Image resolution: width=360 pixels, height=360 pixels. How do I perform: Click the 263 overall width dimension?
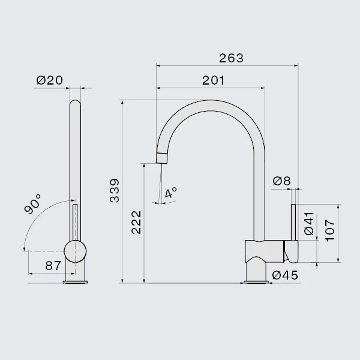point(231,58)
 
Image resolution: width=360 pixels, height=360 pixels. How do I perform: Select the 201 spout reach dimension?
point(213,80)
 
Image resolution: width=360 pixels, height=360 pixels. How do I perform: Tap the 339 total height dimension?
point(115,191)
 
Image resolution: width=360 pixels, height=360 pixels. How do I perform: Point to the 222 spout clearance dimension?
point(136,223)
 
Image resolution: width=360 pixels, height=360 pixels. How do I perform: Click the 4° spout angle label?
point(171,193)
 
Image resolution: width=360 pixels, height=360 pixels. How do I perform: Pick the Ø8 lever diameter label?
point(282,181)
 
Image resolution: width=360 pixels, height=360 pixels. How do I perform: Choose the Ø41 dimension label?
point(309,223)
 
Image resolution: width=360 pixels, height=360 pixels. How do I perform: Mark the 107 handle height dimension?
point(330,230)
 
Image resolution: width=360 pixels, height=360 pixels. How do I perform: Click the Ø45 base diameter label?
point(285,275)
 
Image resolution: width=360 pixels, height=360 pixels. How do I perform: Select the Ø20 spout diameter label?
point(49,80)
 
